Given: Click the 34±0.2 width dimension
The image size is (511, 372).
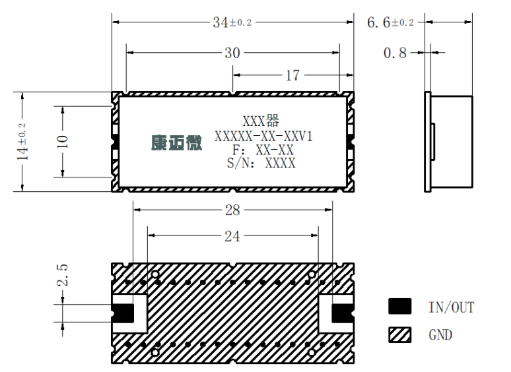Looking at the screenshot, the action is (x=232, y=22).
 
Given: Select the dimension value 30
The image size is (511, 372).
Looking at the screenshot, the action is (x=232, y=53).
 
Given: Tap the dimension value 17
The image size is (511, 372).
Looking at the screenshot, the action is (x=292, y=75).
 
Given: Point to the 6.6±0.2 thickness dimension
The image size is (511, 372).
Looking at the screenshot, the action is (x=390, y=22).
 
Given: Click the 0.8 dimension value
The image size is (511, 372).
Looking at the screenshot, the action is (x=395, y=53).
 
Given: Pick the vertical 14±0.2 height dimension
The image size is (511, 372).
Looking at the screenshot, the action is (x=23, y=142).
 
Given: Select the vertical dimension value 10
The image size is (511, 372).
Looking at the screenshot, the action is (x=62, y=142).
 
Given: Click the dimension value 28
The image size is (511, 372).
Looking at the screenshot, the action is (x=232, y=210).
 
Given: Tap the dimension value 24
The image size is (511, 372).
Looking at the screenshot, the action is (x=232, y=236).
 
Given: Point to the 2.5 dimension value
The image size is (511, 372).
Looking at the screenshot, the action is (x=62, y=275).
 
